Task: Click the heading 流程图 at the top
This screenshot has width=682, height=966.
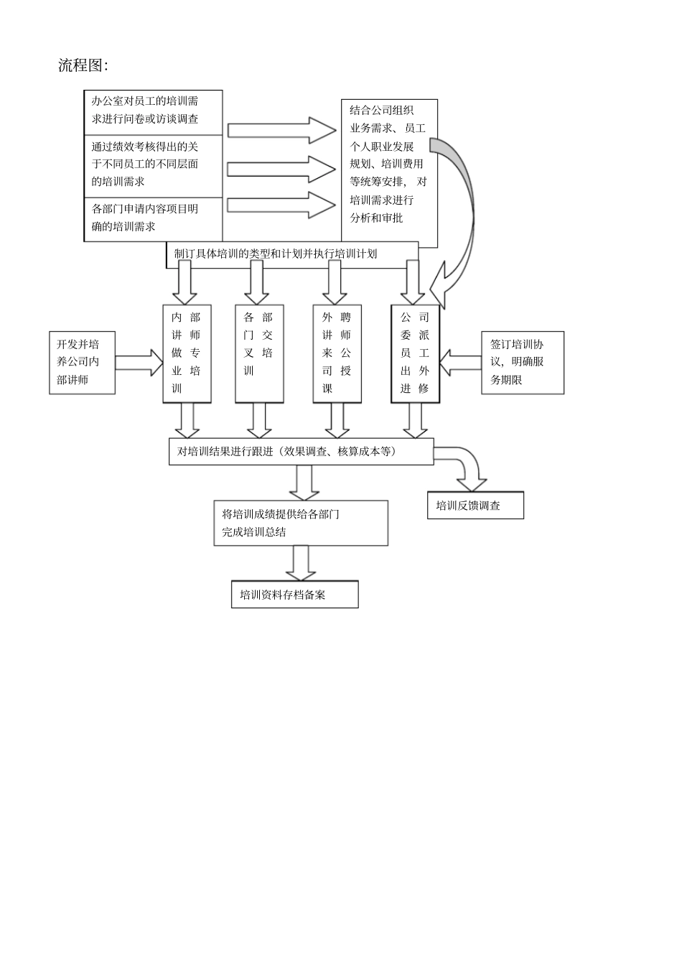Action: [x=83, y=65]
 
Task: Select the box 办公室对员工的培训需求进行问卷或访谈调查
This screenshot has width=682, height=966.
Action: [x=153, y=111]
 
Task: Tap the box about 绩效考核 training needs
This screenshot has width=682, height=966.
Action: [x=153, y=165]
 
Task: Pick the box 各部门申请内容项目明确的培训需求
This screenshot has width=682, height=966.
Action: [x=153, y=218]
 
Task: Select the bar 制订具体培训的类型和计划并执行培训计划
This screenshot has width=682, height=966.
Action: [x=292, y=254]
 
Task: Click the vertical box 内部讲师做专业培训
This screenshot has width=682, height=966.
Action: [x=187, y=353]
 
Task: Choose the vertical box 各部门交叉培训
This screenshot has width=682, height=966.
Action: [x=258, y=353]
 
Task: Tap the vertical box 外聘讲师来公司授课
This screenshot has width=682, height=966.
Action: [x=337, y=353]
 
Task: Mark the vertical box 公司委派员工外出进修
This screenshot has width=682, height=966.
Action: [x=415, y=353]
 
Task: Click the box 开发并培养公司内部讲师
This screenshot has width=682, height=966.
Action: [x=82, y=363]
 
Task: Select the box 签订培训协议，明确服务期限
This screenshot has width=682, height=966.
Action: [x=522, y=363]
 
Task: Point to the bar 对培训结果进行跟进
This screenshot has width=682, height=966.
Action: [x=301, y=452]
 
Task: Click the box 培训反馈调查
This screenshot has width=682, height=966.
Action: [x=475, y=506]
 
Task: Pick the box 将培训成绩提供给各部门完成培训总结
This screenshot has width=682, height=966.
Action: [x=301, y=524]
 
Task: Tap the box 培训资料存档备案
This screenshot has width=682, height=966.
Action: [x=294, y=595]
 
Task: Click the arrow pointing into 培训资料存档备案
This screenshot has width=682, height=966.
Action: [x=301, y=563]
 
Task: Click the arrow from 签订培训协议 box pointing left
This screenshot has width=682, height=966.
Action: [x=460, y=363]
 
